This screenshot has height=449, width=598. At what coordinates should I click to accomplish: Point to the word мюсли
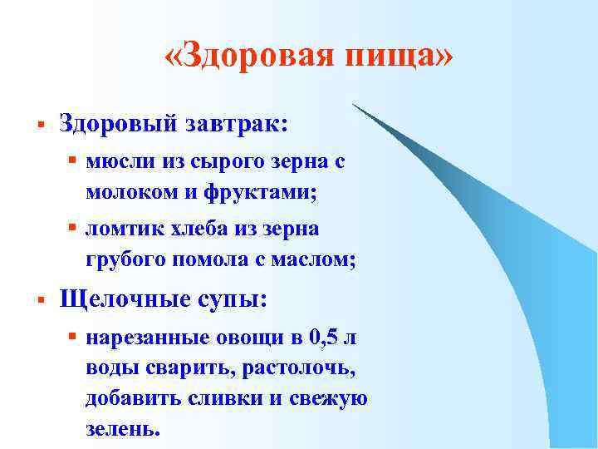pos(114,163)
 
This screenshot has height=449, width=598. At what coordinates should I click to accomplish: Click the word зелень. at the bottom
pos(120,428)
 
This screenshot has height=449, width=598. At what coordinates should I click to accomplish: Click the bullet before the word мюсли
pos(73,163)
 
